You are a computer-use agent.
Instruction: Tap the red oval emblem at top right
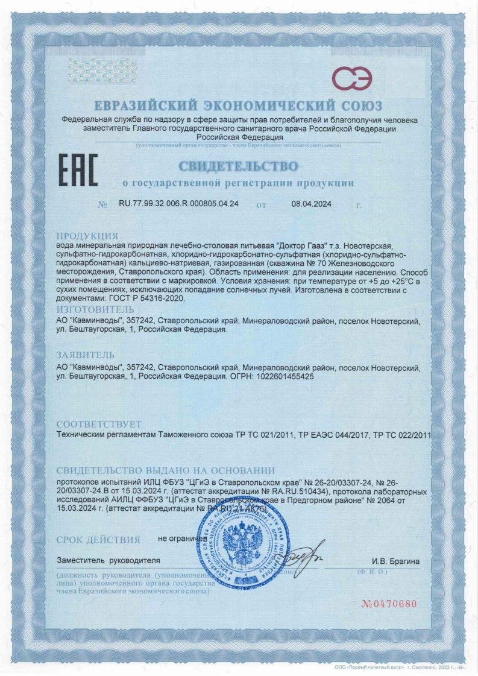click(353, 80)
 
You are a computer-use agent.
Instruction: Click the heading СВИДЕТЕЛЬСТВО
click(238, 165)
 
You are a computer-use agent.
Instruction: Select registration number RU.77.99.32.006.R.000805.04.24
click(180, 204)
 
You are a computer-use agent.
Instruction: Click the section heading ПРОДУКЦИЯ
click(87, 235)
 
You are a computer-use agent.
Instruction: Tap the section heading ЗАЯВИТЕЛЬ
click(86, 355)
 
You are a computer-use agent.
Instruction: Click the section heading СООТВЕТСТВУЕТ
click(99, 423)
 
